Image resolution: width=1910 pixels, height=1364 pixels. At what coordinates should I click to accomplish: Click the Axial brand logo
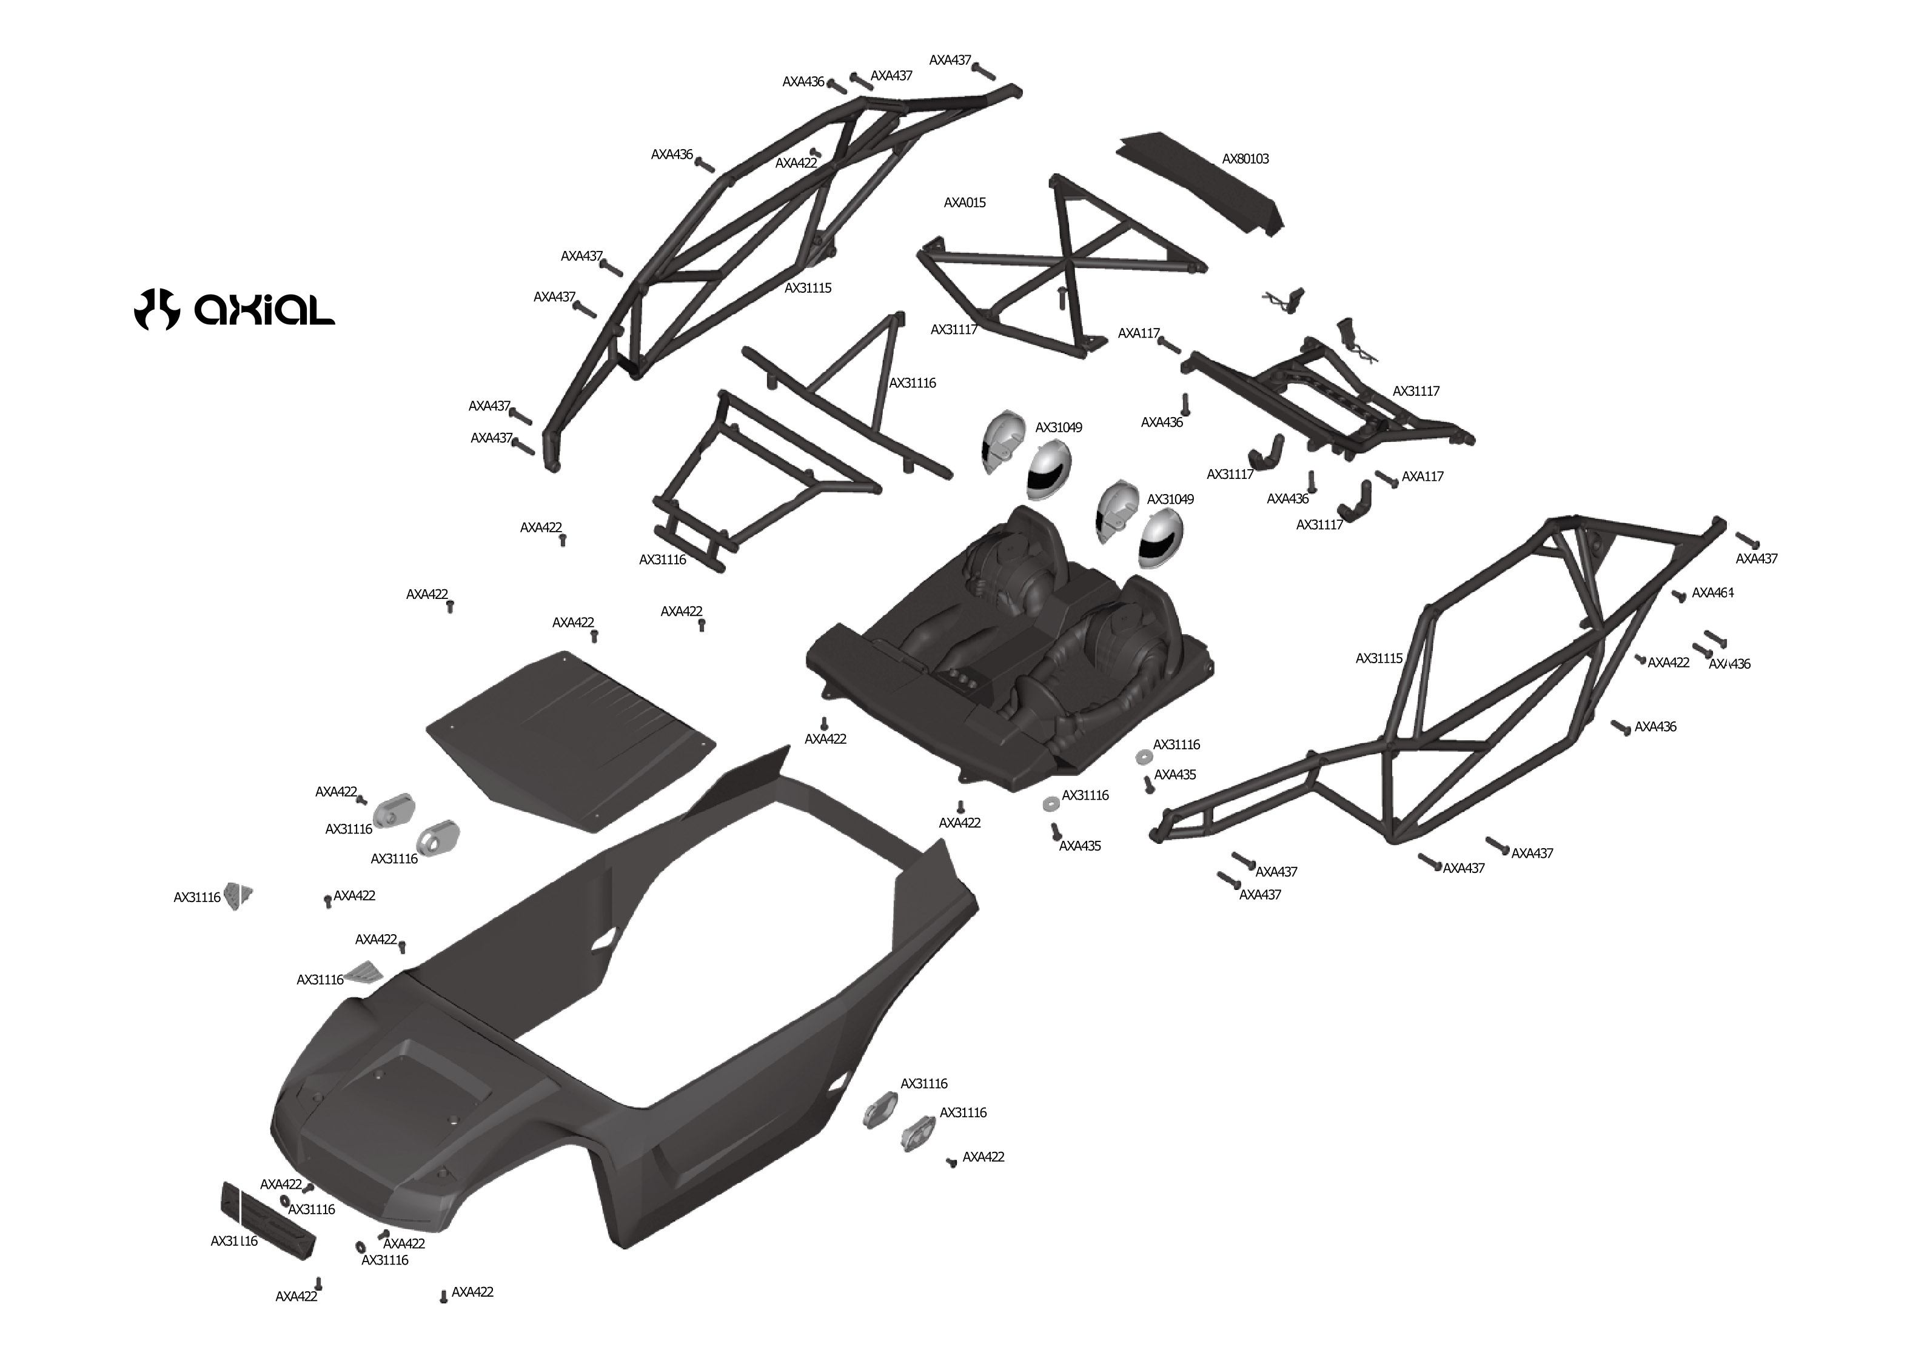tap(234, 309)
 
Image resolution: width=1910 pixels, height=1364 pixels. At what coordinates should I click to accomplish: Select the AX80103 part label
tap(1245, 159)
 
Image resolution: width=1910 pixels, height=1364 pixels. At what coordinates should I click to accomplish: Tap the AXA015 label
tap(964, 202)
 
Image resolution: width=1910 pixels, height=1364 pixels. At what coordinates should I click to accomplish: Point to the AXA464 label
tap(1712, 593)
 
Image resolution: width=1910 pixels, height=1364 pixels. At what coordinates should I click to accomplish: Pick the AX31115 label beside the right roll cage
tap(1378, 658)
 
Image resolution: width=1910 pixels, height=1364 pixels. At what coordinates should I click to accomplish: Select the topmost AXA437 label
tap(950, 61)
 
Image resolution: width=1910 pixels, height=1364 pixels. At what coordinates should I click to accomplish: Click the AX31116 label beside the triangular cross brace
tap(912, 383)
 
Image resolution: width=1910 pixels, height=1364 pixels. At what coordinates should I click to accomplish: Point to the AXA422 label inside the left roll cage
tap(796, 163)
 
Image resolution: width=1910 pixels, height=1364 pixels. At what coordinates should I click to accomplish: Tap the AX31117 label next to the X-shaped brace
tap(954, 330)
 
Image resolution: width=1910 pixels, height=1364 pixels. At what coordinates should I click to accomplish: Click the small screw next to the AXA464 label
tap(1679, 597)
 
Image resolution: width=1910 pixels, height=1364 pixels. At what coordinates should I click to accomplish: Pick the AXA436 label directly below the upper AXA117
tap(1162, 423)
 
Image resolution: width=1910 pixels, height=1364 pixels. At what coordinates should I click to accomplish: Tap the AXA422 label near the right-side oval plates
tap(983, 1157)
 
